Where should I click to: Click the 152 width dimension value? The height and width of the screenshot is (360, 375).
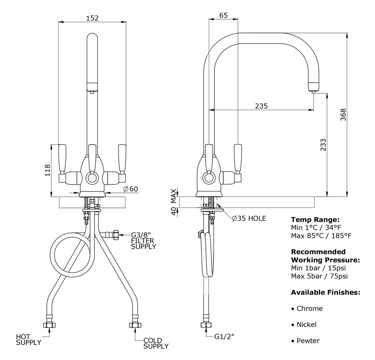click(x=92, y=17)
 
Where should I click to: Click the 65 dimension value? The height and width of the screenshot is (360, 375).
click(x=223, y=15)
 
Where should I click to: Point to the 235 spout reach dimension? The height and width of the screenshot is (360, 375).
click(x=261, y=106)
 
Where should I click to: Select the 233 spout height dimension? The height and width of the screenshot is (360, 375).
click(x=324, y=145)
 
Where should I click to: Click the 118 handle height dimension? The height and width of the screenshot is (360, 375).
click(x=48, y=170)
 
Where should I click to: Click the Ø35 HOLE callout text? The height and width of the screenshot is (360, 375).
click(x=249, y=218)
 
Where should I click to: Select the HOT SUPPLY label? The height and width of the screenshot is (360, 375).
click(x=28, y=339)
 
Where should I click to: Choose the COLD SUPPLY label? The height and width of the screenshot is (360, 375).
click(x=156, y=343)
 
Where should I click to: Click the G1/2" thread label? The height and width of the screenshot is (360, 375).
click(x=224, y=336)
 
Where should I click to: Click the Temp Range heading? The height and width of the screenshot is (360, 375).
click(x=315, y=220)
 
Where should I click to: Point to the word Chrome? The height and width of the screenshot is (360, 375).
click(x=309, y=309)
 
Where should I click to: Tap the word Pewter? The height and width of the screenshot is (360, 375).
click(x=308, y=341)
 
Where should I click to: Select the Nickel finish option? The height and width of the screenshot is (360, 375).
click(x=306, y=324)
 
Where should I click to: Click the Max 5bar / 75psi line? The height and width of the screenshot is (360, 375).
click(x=319, y=276)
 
